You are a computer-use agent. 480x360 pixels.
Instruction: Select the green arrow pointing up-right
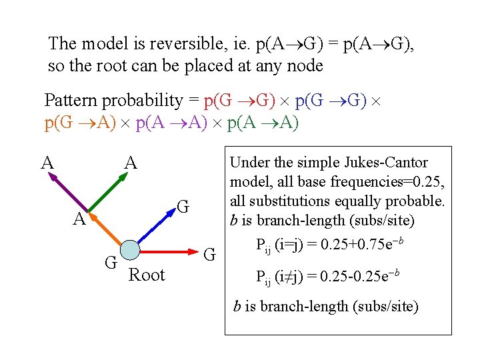click(x=107, y=193)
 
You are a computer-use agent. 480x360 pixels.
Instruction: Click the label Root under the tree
click(x=146, y=275)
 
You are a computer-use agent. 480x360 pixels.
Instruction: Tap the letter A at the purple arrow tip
click(x=47, y=162)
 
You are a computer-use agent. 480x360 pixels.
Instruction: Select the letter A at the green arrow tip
click(x=131, y=162)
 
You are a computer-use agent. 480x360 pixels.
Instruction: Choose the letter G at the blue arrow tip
click(x=183, y=207)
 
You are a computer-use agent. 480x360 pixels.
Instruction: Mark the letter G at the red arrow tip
click(x=209, y=254)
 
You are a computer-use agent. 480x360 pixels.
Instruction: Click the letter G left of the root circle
click(x=111, y=261)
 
